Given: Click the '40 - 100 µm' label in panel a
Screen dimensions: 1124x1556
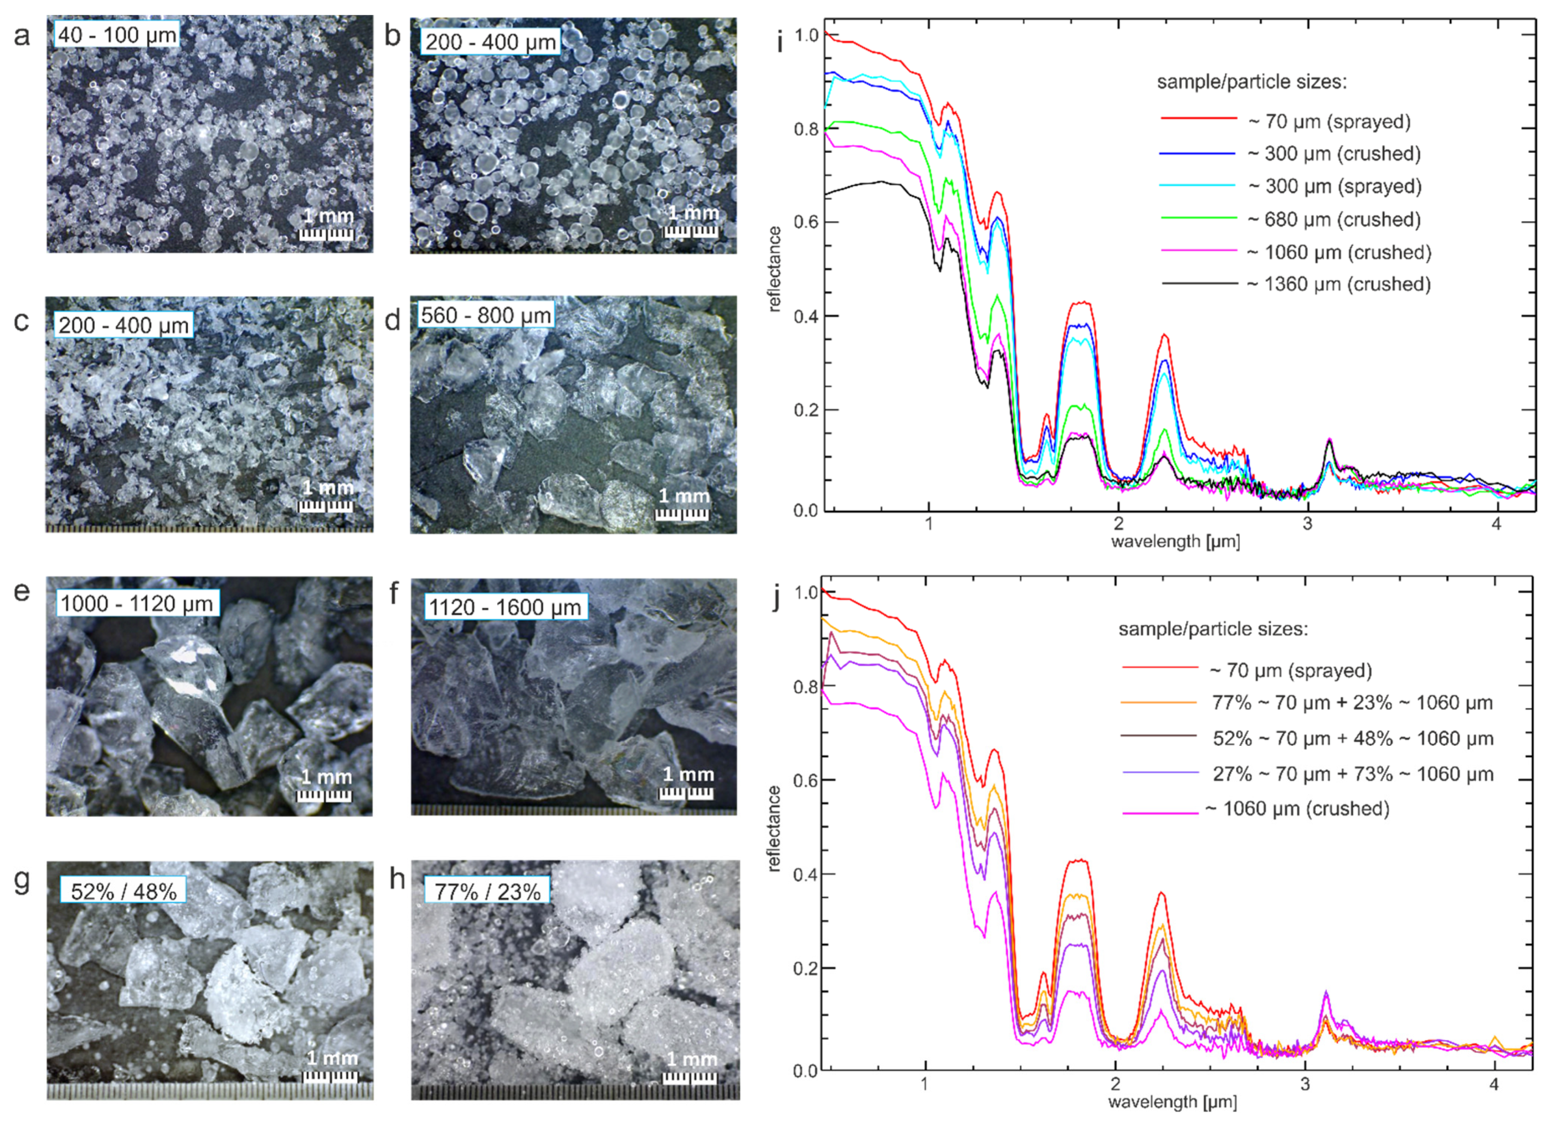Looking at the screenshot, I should click(x=117, y=34).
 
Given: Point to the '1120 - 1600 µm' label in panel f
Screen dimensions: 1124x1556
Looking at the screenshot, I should click(x=505, y=607).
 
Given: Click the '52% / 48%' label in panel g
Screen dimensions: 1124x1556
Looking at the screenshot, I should click(x=123, y=891).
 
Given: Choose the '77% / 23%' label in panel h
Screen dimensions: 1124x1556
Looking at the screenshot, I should click(x=487, y=891).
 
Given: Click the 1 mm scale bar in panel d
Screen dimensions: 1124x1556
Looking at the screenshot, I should click(x=683, y=504).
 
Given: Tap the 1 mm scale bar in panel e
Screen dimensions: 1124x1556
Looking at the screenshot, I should click(x=325, y=786).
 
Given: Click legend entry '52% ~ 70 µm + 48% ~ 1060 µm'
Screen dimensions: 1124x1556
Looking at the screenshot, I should click(x=1352, y=738).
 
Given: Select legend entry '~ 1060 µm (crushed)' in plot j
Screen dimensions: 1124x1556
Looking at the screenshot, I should click(x=1297, y=808).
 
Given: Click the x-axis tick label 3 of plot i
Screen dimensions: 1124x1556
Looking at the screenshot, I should click(x=1307, y=524).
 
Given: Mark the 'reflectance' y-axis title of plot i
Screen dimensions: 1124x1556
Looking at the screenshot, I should click(x=775, y=269).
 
